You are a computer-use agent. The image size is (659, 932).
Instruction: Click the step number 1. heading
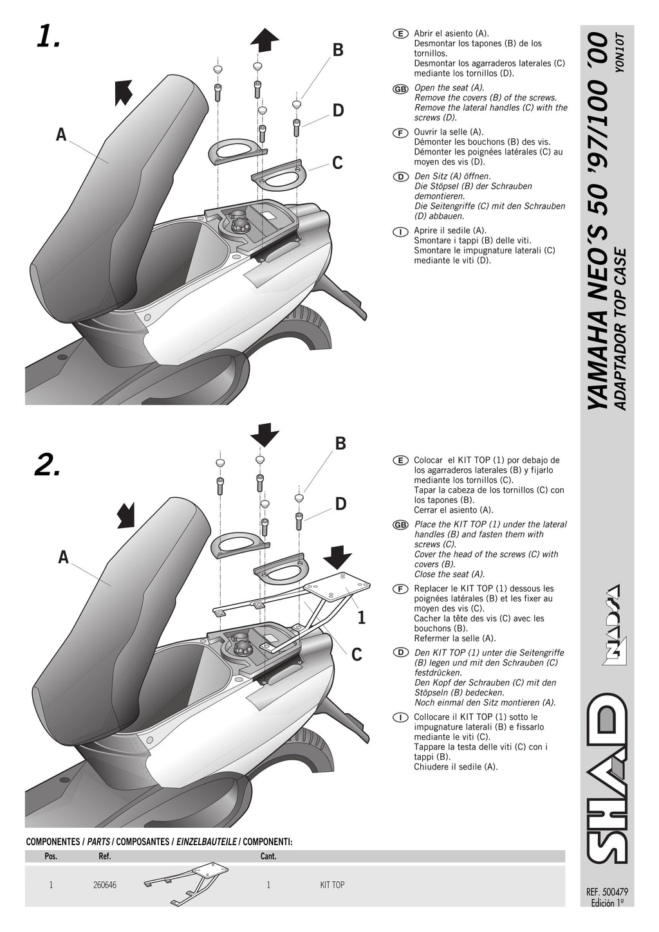tap(48, 38)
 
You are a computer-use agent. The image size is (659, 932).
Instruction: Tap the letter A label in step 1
tap(61, 135)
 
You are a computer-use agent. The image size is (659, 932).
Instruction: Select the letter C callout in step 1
tap(337, 163)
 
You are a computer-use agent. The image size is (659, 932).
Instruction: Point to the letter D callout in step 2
tap(340, 504)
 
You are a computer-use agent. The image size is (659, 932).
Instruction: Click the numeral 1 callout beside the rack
tap(361, 618)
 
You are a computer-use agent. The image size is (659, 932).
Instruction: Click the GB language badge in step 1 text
tap(400, 89)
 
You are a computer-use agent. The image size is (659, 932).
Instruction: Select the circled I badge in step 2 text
tap(400, 717)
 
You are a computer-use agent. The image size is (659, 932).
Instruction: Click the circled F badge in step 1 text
tap(400, 132)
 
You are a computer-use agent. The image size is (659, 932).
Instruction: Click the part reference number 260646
tap(105, 885)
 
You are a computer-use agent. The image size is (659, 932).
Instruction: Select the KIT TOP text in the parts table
tap(332, 885)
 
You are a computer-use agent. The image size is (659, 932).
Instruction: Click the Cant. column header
tap(268, 856)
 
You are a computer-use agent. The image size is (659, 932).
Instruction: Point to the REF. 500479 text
tap(607, 892)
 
